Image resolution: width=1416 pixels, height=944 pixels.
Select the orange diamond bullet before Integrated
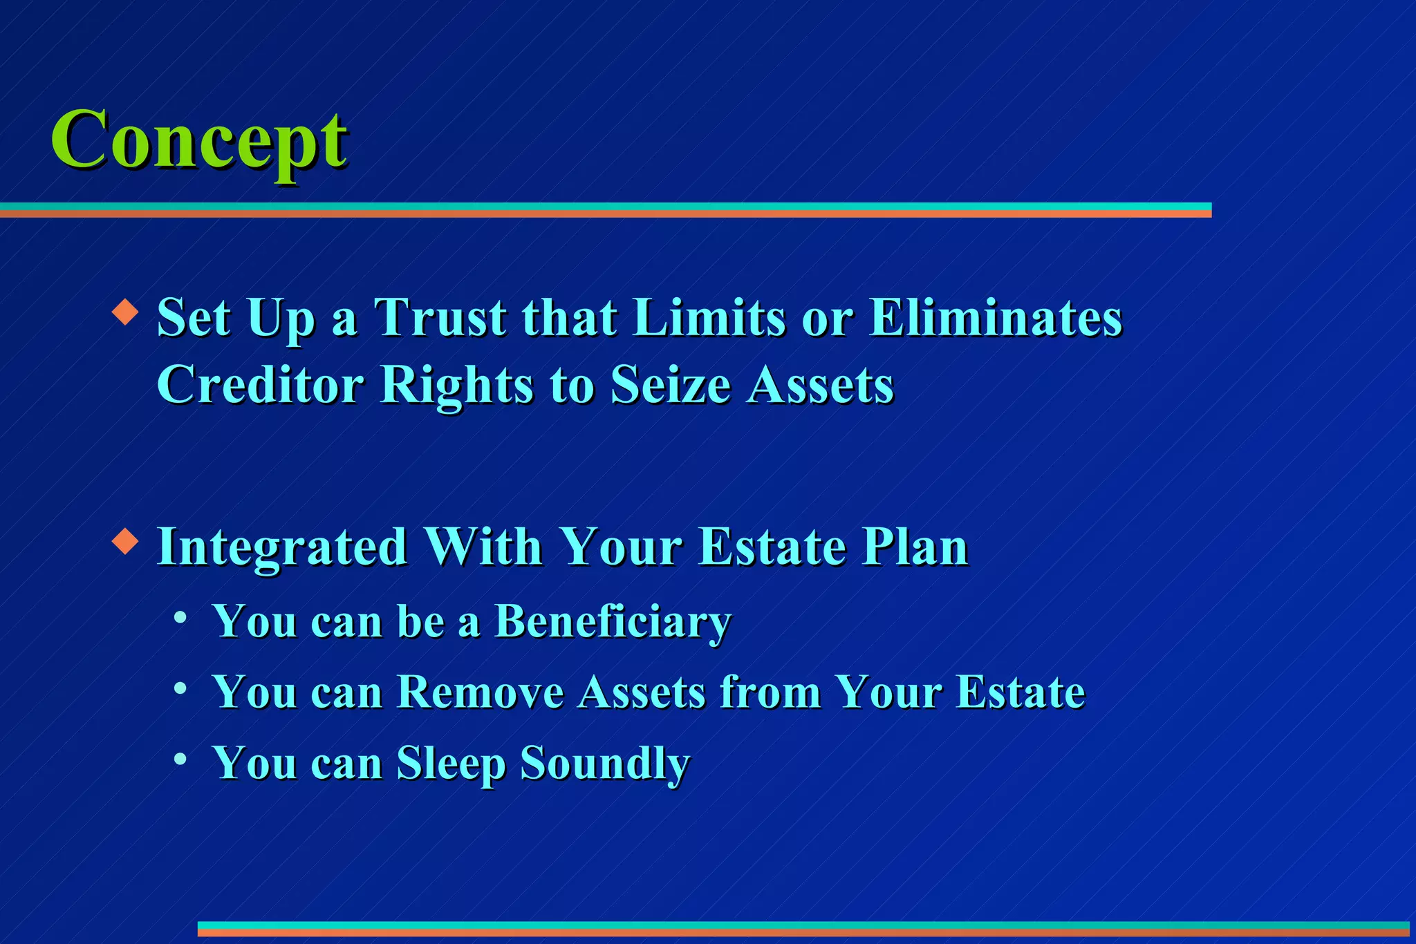coord(125,540)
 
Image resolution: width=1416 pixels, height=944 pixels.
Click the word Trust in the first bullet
coord(440,317)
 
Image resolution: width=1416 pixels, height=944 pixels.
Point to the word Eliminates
coord(996,317)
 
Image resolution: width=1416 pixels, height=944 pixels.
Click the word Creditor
coord(260,384)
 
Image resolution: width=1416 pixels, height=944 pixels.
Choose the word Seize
coord(671,384)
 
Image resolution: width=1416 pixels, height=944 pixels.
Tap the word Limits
coord(709,317)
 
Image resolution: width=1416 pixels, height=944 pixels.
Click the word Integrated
coord(282,547)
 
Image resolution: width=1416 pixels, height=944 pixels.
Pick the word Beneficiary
coord(613,621)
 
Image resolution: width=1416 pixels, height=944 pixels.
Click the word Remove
coord(480,692)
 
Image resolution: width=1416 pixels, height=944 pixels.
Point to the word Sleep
coord(451,764)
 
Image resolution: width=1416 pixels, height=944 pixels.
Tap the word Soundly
coord(605,764)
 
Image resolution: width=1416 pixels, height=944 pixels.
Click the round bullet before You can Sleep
coord(180,759)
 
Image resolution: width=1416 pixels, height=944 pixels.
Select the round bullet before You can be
coord(180,616)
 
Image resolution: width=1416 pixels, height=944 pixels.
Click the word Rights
coord(457,384)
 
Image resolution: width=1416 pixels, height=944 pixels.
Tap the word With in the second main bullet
coord(483,547)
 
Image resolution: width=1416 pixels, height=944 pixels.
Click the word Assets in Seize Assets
coord(820,384)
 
